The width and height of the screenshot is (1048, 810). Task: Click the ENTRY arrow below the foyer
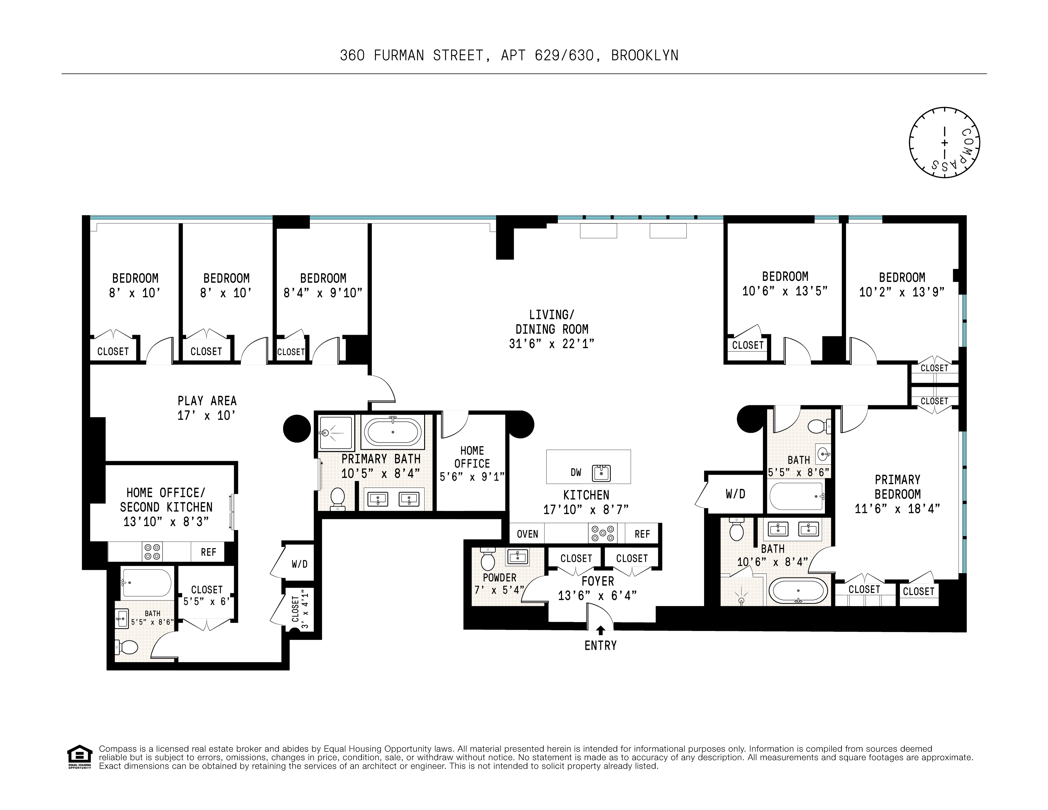600,630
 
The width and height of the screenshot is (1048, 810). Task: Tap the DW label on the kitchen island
576,473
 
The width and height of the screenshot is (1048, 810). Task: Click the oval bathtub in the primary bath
393,432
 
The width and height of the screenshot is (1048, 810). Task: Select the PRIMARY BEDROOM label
897,487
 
